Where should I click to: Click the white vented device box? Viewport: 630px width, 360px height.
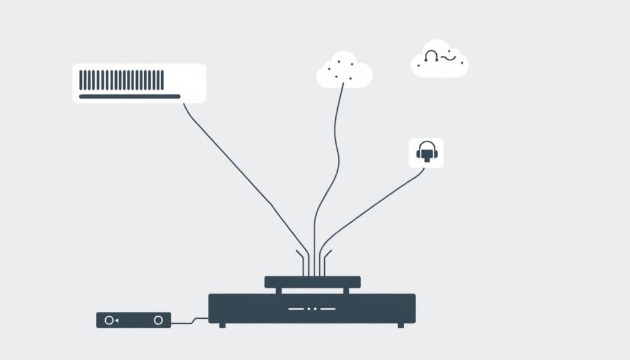(139, 83)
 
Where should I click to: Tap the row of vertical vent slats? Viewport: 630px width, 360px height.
(122, 79)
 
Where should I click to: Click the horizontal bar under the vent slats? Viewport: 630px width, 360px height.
(129, 96)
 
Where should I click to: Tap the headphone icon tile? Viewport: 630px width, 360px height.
(426, 152)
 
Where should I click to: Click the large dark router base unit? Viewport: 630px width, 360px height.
(311, 308)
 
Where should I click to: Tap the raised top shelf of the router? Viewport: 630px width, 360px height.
(312, 282)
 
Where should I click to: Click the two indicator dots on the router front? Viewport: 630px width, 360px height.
(312, 308)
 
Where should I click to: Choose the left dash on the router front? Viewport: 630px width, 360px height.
(297, 308)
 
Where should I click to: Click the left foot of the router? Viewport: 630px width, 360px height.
(222, 325)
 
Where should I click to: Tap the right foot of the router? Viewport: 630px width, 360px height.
(401, 325)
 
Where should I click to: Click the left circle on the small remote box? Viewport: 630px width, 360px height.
(110, 320)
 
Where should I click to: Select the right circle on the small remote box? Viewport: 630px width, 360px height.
(158, 320)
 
